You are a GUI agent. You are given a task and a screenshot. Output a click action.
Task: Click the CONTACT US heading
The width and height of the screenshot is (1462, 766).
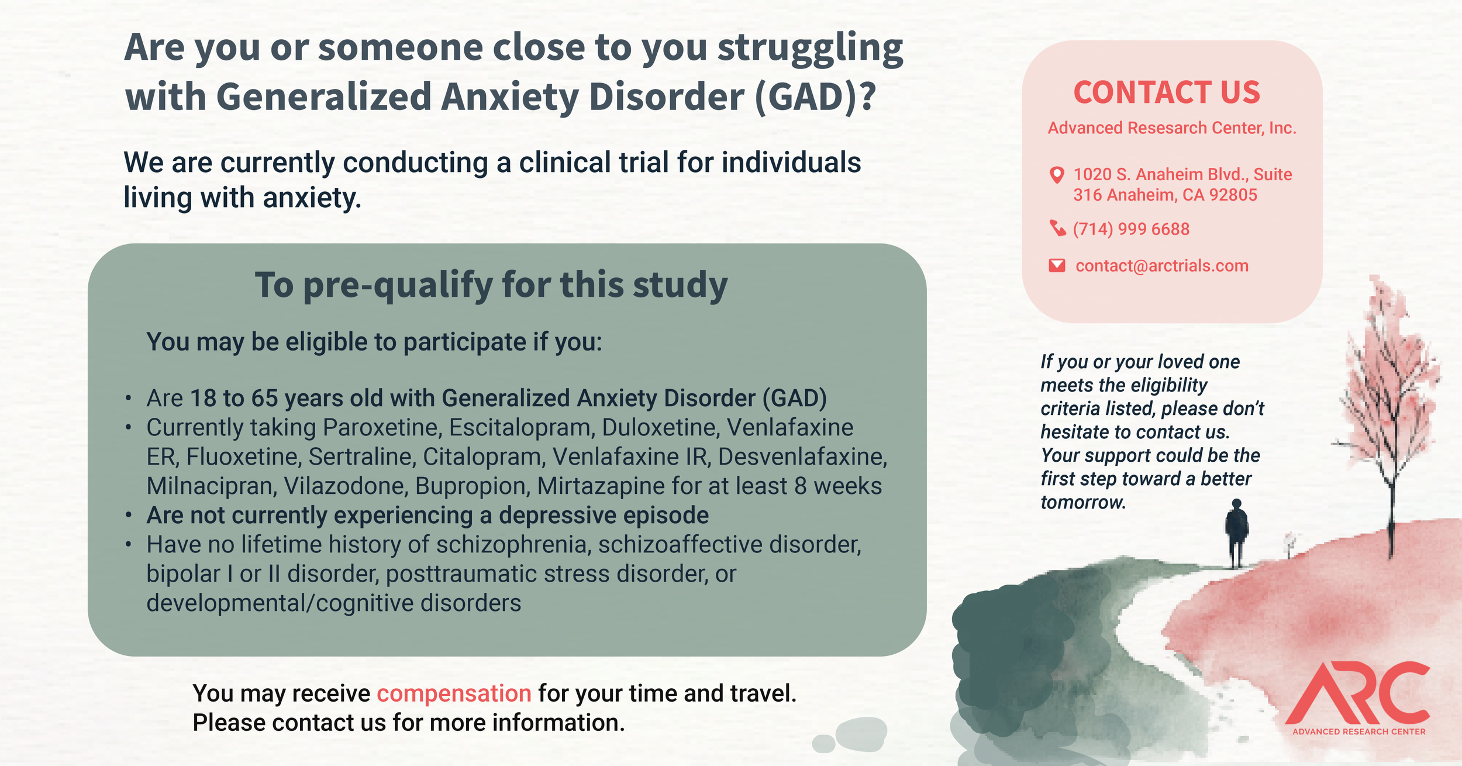coord(1167,92)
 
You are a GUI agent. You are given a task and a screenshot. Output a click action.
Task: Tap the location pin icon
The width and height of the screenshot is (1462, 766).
coord(1057,175)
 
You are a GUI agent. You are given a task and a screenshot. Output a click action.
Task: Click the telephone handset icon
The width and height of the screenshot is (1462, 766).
coord(1058,228)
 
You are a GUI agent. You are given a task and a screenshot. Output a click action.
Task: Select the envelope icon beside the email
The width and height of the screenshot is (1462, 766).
coord(1057,266)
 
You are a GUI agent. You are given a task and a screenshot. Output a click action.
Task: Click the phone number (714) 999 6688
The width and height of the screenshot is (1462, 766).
coord(1131,229)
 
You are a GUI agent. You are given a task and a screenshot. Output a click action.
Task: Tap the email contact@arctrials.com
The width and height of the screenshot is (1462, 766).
coord(1162,266)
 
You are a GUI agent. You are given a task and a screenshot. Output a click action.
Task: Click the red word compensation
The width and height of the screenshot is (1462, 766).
coord(454,694)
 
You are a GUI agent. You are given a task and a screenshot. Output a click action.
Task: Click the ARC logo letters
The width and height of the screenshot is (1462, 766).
coord(1357,693)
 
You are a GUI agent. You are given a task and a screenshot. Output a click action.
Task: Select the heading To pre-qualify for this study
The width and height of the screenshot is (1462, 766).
coord(491,285)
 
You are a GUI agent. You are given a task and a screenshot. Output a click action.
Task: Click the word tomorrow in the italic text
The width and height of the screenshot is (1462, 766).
coord(1082,502)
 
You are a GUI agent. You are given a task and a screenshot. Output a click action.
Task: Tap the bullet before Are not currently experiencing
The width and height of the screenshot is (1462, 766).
coord(128,516)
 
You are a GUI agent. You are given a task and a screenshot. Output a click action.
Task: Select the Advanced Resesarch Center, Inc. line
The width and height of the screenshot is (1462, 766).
coord(1172,128)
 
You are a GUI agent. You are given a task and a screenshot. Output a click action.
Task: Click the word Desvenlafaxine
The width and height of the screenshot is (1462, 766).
coord(802,457)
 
